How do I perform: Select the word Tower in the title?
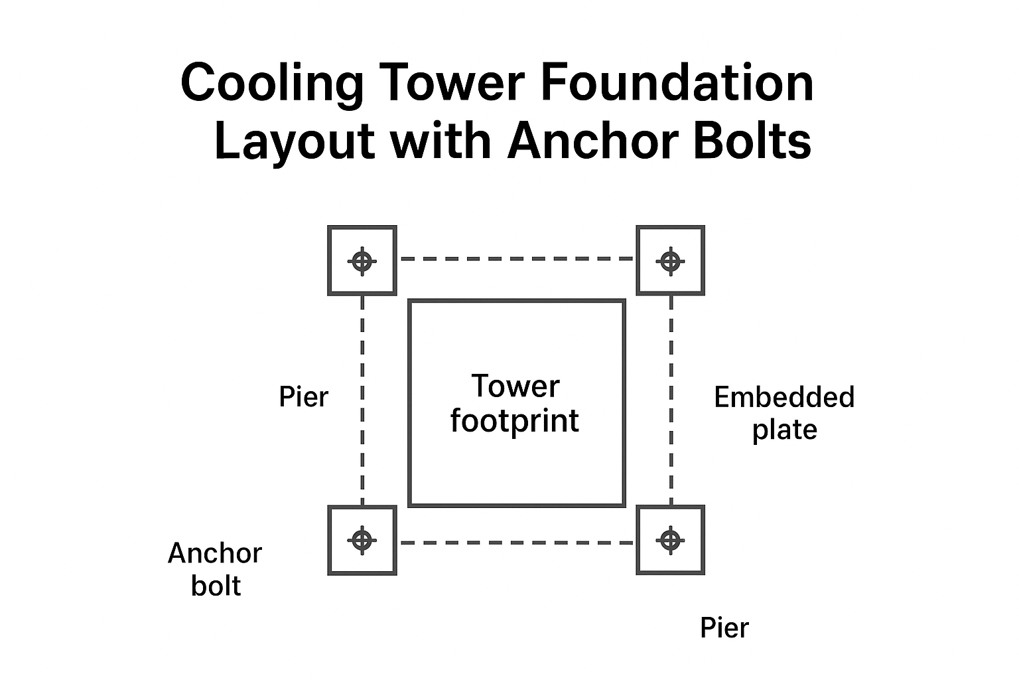point(454,82)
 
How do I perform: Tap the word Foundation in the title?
point(677,82)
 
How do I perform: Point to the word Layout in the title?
point(295,141)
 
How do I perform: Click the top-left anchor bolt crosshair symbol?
point(362,262)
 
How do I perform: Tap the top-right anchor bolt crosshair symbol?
point(671,262)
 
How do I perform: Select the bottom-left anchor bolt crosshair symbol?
point(362,540)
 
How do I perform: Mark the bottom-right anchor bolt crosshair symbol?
point(671,540)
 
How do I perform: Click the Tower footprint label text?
point(515,403)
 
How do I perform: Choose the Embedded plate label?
point(784,413)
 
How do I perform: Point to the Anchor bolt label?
point(215,569)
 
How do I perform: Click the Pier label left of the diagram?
point(303,396)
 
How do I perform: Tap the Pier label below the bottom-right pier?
point(724,628)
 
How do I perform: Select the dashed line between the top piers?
point(517,259)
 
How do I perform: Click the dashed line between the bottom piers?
point(517,543)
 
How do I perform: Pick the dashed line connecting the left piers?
point(362,400)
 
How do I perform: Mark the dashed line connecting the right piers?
point(671,400)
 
